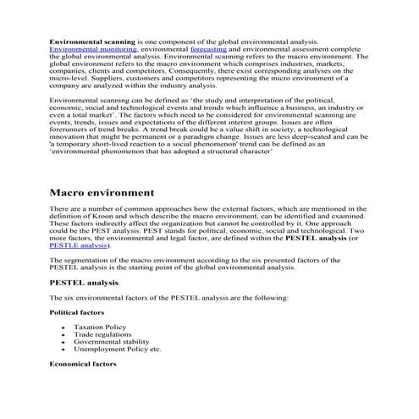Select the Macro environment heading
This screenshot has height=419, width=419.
(102, 193)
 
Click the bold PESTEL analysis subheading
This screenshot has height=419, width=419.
(84, 281)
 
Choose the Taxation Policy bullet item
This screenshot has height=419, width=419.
(100, 327)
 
